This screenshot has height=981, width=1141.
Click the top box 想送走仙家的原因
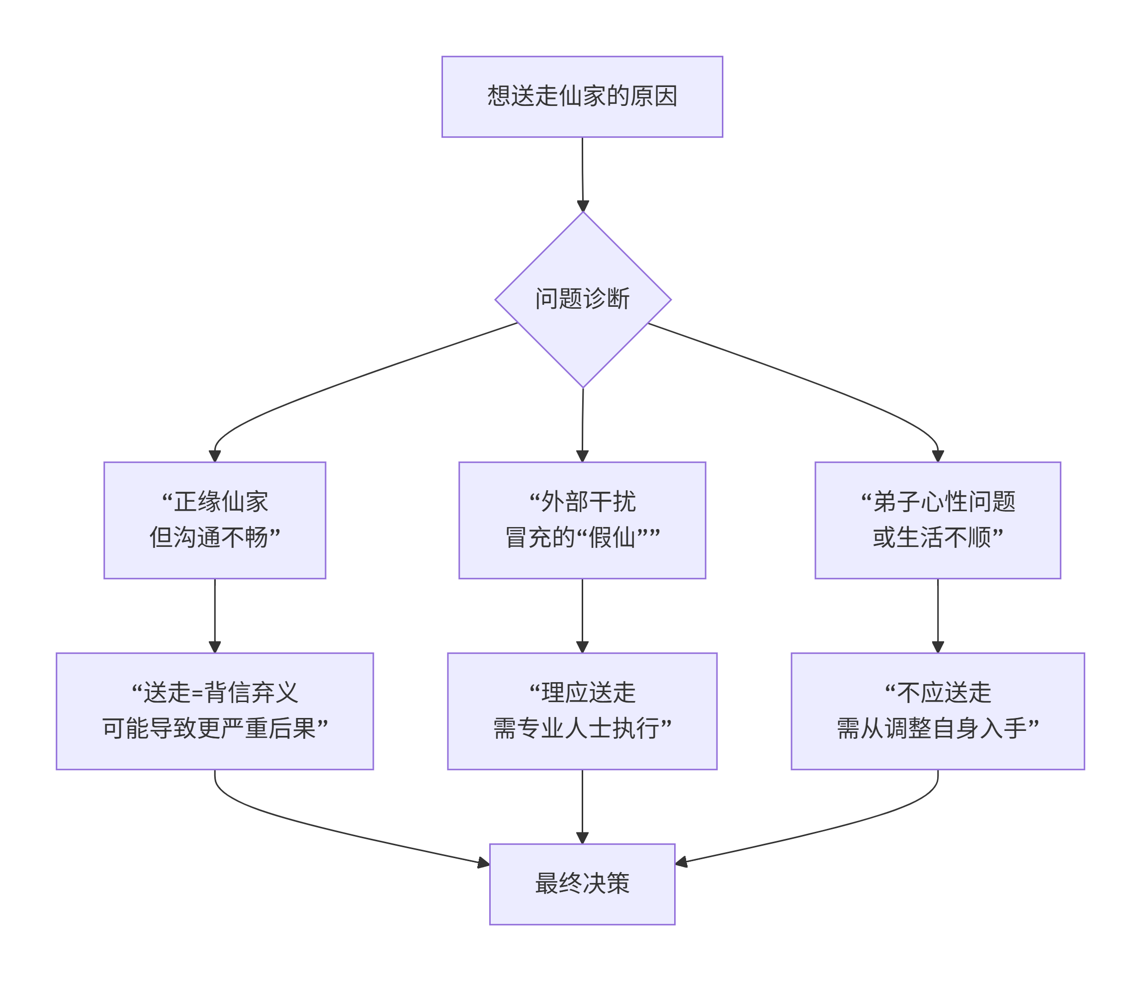[582, 96]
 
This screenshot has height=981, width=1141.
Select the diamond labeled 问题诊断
[583, 300]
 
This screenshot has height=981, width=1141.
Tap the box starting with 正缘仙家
[215, 520]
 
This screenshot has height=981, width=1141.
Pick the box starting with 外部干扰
[582, 520]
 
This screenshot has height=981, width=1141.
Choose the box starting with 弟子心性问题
[937, 520]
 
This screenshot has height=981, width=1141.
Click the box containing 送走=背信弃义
[215, 711]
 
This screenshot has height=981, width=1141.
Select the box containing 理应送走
[582, 711]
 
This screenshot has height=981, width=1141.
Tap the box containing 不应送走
[937, 711]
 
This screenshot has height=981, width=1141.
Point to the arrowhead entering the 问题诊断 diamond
[583, 206]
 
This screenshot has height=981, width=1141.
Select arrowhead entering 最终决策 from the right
[682, 862]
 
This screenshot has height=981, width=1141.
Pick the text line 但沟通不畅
[215, 537]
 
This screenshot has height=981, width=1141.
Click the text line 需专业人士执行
[582, 729]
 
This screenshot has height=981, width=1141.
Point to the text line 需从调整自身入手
[937, 729]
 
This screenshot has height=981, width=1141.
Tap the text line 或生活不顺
[937, 537]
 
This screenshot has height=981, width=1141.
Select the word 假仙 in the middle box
[611, 537]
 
